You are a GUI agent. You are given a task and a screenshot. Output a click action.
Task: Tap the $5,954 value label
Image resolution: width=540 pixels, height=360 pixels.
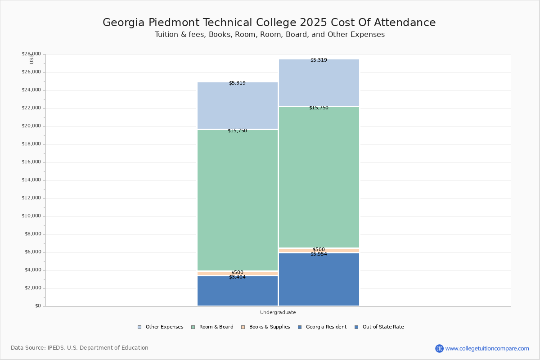pyautogui.click(x=319, y=254)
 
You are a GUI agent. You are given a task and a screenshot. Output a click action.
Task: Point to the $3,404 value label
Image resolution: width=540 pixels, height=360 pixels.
pyautogui.click(x=237, y=277)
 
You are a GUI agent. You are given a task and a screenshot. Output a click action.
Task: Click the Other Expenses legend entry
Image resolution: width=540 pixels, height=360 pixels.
pyautogui.click(x=161, y=327)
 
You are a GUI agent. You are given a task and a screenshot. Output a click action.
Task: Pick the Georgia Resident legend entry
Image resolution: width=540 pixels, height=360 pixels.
pyautogui.click(x=322, y=327)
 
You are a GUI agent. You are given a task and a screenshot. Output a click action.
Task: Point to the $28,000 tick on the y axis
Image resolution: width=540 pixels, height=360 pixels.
pyautogui.click(x=31, y=54)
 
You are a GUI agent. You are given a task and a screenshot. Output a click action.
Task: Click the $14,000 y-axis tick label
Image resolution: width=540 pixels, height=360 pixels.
pyautogui.click(x=31, y=180)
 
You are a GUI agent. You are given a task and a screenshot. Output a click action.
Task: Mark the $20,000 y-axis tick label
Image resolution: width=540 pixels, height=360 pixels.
pyautogui.click(x=31, y=126)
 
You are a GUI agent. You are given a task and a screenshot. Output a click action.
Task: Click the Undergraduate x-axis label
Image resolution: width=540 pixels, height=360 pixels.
pyautogui.click(x=278, y=312)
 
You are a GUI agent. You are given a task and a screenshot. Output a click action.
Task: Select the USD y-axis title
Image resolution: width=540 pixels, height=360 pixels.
pyautogui.click(x=31, y=59)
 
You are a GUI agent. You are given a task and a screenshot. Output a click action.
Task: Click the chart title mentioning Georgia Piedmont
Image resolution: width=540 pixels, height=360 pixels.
pyautogui.click(x=269, y=23)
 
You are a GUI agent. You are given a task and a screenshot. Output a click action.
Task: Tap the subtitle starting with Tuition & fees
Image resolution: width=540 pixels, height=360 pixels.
pyautogui.click(x=270, y=35)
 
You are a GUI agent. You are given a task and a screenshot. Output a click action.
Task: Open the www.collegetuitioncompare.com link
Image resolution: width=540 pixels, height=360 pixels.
pyautogui.click(x=487, y=348)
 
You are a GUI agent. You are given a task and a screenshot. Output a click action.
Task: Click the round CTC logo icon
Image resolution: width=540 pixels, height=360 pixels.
pyautogui.click(x=439, y=348)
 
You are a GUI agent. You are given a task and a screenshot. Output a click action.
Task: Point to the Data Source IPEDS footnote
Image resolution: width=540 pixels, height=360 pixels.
pyautogui.click(x=80, y=348)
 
